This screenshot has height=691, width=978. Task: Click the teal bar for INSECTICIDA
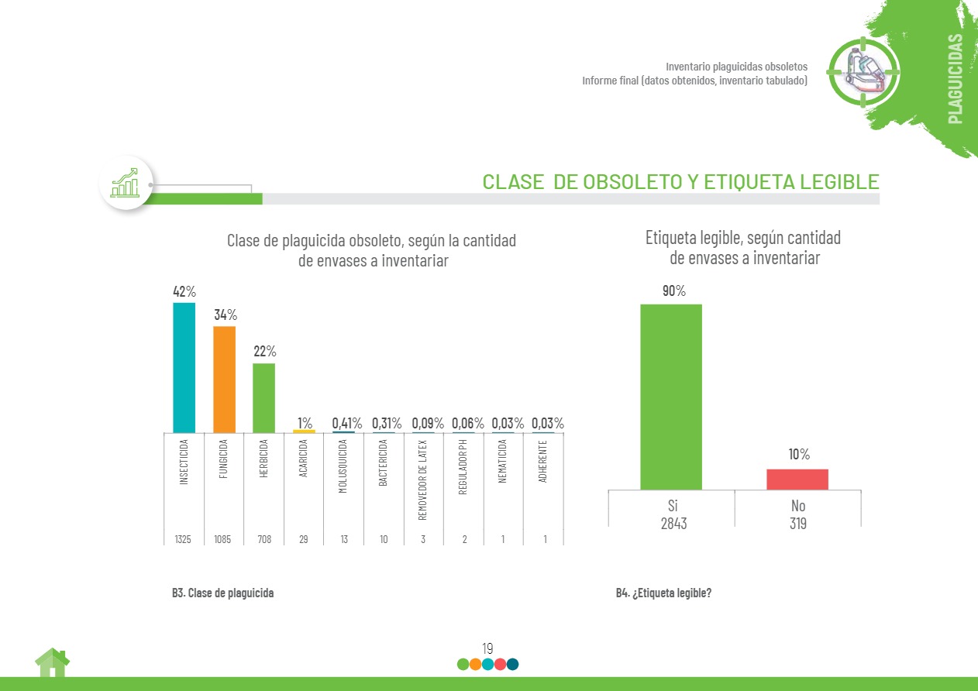[184, 367]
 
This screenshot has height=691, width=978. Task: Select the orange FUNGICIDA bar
[224, 379]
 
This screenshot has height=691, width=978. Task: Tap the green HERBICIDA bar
[263, 397]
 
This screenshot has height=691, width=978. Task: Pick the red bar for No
[797, 480]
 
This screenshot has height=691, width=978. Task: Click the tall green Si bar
[671, 397]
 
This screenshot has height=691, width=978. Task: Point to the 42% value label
[184, 292]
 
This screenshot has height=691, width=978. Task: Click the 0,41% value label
[347, 423]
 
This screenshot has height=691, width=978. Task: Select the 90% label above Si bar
[674, 291]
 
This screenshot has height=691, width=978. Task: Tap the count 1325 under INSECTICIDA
[184, 539]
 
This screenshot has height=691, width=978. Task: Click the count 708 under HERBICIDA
[263, 539]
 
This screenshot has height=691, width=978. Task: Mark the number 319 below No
[797, 524]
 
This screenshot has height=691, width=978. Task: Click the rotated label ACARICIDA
[304, 459]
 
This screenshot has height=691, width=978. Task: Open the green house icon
[52, 663]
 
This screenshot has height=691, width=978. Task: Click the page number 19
[487, 648]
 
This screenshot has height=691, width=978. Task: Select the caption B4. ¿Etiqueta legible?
[663, 593]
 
